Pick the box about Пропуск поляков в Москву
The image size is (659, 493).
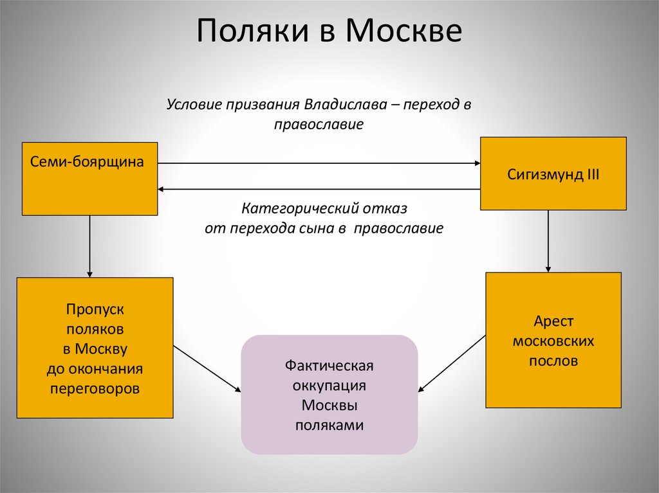[95, 348]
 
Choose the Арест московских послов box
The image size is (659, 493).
[553, 340]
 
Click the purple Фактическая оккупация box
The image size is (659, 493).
[329, 395]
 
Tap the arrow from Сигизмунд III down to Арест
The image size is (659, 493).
[548, 241]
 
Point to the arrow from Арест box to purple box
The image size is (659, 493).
[452, 363]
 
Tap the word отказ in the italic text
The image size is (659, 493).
[389, 209]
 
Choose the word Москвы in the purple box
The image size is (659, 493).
[329, 406]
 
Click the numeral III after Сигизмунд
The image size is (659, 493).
[591, 174]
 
